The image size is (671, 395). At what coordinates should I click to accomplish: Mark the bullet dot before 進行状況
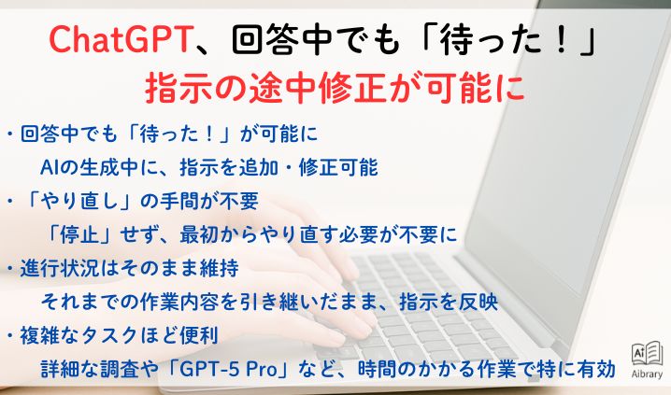pyautogui.click(x=9, y=268)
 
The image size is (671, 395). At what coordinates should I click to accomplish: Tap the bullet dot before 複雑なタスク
pyautogui.click(x=9, y=334)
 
